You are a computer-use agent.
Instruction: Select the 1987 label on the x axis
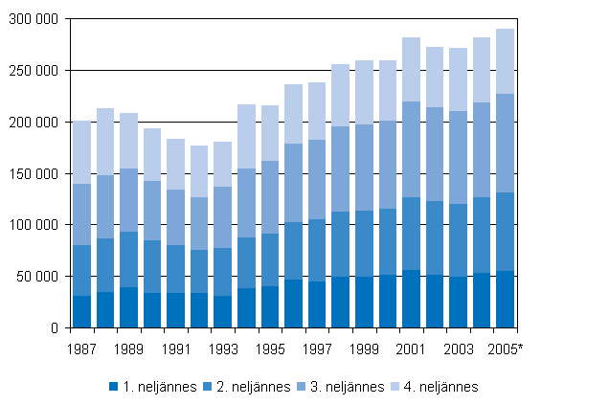(83, 349)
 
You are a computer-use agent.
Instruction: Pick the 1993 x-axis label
(224, 349)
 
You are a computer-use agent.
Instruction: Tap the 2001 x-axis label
(412, 349)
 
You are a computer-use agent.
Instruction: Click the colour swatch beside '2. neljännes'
(208, 387)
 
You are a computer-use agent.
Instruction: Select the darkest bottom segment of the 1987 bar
(82, 311)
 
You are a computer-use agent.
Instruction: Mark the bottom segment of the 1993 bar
(223, 311)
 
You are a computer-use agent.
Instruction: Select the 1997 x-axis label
(318, 349)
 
